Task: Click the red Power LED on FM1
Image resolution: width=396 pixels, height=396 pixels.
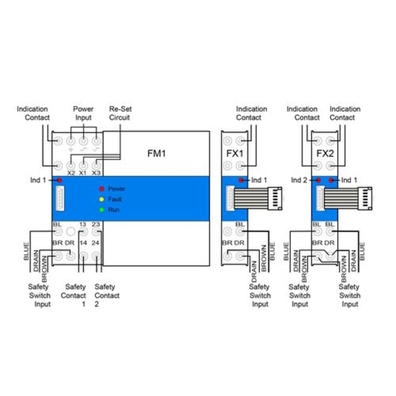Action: (101, 189)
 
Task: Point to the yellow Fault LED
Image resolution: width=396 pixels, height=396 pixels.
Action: (101, 199)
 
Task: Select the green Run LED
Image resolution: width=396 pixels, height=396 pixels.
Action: (101, 210)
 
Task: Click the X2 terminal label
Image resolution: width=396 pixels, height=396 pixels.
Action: (71, 173)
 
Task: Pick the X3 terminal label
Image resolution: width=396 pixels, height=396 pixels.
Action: (96, 173)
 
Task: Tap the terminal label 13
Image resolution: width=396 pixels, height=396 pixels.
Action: (82, 224)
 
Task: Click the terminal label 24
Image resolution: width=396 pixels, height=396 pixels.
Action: (96, 242)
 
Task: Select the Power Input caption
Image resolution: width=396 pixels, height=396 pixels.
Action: (83, 113)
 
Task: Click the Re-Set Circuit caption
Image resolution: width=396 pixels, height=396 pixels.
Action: (120, 113)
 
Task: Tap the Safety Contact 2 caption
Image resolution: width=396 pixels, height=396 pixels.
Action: (106, 295)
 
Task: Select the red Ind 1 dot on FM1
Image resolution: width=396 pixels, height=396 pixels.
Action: (59, 180)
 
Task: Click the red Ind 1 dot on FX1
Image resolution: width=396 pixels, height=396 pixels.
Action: (241, 180)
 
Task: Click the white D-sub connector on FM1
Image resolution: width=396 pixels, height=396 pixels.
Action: (59, 199)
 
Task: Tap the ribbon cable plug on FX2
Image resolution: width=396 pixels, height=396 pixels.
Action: (365, 199)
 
